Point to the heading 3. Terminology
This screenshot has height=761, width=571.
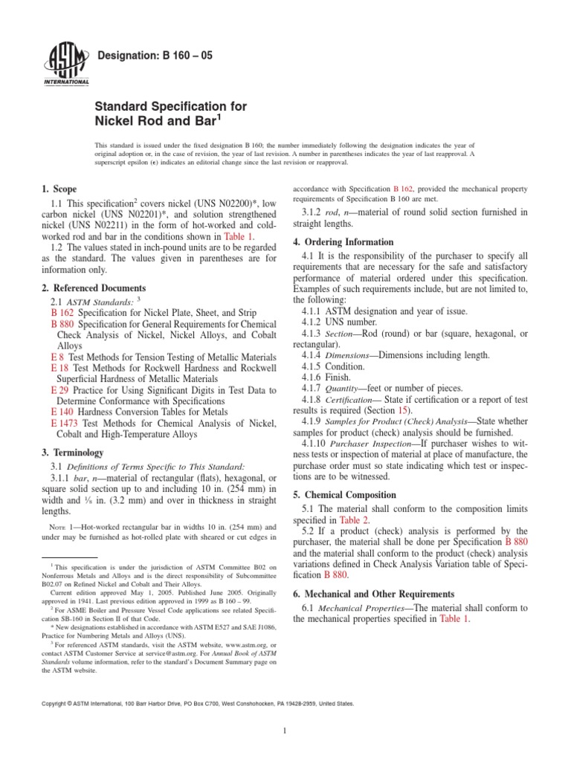click(72, 453)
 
